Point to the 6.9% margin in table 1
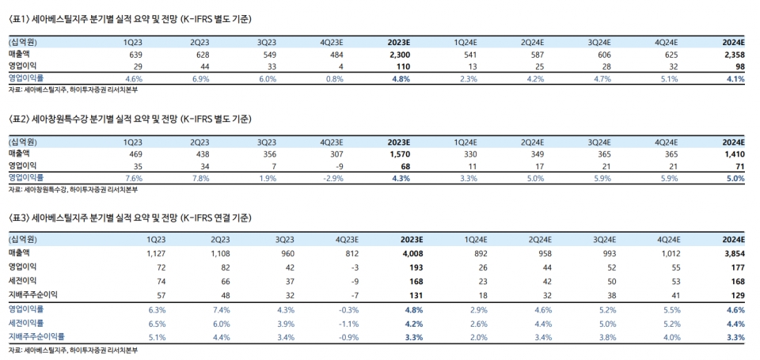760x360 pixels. pyautogui.click(x=200, y=79)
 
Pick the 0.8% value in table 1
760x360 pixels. pyautogui.click(x=334, y=79)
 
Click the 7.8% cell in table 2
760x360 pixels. pyautogui.click(x=200, y=179)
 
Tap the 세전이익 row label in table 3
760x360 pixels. pyautogui.click(x=22, y=281)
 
